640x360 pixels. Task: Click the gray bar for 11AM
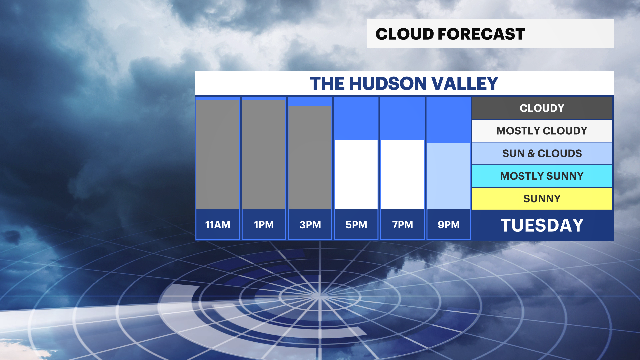point(217,154)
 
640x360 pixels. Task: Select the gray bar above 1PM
point(264,154)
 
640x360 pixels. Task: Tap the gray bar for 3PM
point(310,157)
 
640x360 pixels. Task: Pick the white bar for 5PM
point(356,175)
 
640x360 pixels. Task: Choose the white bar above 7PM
point(402,175)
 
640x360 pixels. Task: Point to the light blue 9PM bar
point(449,176)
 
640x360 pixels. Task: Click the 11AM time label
point(218,225)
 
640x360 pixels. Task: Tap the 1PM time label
point(264,225)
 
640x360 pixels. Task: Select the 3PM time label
point(310,225)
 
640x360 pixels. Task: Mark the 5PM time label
point(356,225)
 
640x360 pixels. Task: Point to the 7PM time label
point(402,225)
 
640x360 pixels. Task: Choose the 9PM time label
point(449,225)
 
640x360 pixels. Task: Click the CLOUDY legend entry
point(542,108)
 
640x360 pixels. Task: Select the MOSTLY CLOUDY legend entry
point(542,131)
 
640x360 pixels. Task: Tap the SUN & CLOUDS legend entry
point(542,153)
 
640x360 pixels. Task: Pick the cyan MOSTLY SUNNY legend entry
point(542,176)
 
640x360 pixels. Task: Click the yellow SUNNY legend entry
point(542,199)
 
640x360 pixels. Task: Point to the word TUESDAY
point(542,225)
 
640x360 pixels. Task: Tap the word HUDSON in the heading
point(388,83)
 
